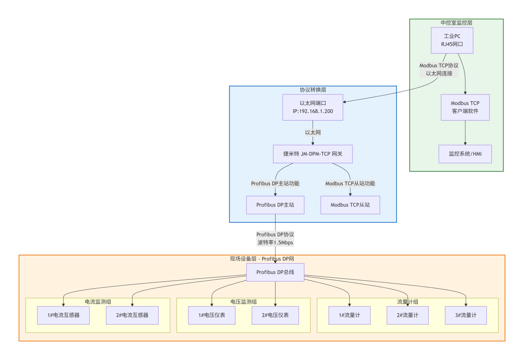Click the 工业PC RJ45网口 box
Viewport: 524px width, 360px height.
click(x=452, y=40)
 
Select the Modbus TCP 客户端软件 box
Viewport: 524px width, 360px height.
click(x=465, y=107)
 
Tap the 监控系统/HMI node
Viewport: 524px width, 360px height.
click(x=465, y=154)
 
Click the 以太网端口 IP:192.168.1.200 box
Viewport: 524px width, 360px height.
click(x=313, y=107)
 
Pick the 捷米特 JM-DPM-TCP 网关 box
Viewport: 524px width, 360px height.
click(x=313, y=154)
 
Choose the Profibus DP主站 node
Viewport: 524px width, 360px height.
click(x=275, y=205)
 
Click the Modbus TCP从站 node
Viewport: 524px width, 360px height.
click(x=350, y=205)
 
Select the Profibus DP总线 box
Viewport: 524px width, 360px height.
click(x=275, y=272)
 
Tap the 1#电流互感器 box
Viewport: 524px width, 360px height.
click(x=63, y=315)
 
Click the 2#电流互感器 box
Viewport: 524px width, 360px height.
click(x=132, y=315)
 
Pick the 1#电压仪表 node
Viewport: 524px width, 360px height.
click(x=212, y=315)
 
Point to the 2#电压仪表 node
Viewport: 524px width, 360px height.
click(x=275, y=315)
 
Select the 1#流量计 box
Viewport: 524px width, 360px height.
click(x=349, y=315)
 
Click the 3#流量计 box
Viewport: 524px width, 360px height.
click(x=466, y=315)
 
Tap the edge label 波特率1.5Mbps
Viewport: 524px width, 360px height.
click(x=275, y=243)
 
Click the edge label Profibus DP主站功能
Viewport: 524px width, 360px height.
click(x=275, y=183)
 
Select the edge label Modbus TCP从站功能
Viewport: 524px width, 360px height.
click(x=350, y=183)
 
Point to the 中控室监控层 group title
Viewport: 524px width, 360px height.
click(x=456, y=23)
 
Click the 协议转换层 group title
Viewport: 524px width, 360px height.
click(x=313, y=89)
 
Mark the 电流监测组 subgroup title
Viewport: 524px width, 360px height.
click(x=98, y=302)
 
